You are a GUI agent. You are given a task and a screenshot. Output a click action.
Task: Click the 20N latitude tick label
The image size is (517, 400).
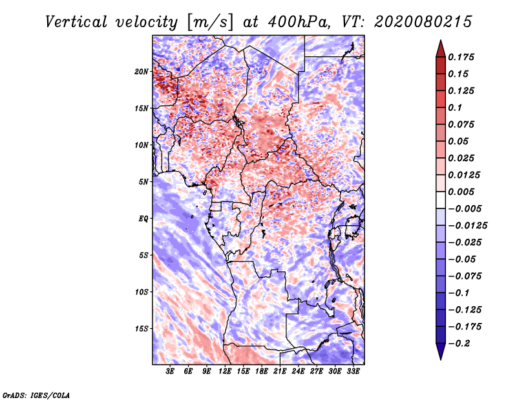[x=142, y=72]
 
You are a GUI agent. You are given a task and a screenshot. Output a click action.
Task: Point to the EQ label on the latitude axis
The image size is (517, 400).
[x=143, y=219]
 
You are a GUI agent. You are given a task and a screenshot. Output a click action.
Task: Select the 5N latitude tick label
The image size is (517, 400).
[x=143, y=182]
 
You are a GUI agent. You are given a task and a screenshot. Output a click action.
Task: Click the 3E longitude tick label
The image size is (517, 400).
[x=170, y=372]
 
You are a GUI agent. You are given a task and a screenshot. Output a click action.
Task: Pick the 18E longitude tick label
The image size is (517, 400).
[x=262, y=372]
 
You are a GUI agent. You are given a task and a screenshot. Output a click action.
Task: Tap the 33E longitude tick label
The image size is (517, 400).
[x=353, y=372]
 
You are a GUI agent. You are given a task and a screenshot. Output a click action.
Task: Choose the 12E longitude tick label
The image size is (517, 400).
[x=225, y=372]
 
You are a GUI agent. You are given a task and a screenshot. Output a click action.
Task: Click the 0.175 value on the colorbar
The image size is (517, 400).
[x=461, y=57]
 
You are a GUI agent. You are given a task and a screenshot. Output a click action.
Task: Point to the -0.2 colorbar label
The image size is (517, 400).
[x=459, y=344]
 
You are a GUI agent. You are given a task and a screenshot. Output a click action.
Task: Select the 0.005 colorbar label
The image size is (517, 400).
[x=461, y=192]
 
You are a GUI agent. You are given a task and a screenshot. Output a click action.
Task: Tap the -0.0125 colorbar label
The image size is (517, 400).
[x=467, y=226]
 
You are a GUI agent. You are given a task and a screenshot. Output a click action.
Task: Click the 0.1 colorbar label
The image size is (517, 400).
[x=455, y=107]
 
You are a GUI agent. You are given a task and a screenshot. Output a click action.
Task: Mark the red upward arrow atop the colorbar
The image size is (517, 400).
[x=441, y=49]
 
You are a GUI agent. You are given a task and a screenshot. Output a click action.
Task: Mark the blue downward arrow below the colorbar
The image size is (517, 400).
[x=441, y=351]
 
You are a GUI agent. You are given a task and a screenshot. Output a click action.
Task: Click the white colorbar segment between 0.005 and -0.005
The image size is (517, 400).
[x=441, y=200]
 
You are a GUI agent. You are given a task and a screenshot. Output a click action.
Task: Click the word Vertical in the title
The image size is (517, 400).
[x=76, y=22]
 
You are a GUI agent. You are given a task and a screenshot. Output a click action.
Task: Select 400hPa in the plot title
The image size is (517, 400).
[x=299, y=22]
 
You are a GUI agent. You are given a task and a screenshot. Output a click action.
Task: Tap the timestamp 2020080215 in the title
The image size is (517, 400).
[x=423, y=22]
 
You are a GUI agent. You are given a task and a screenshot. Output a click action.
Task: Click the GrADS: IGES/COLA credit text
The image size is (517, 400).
[x=36, y=395]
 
